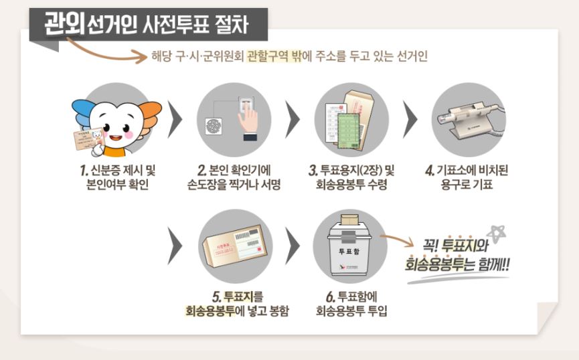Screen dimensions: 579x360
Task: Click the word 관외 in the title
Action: (x=64, y=25)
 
